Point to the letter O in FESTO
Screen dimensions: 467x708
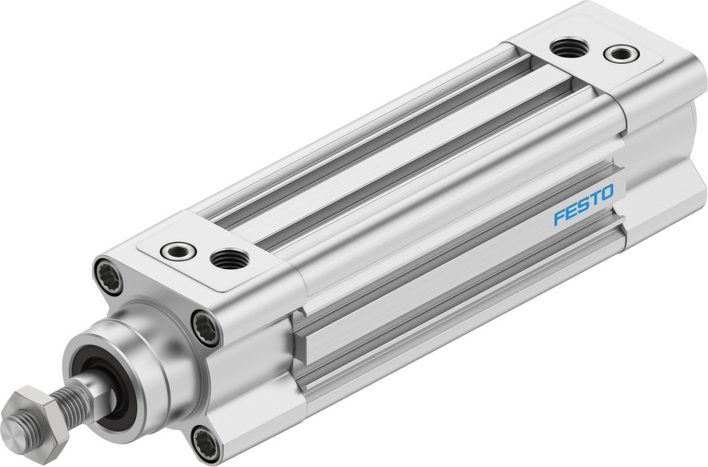pos(607,193)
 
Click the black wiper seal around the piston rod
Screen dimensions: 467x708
pos(106,386)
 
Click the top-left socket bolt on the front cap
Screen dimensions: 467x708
pos(108,277)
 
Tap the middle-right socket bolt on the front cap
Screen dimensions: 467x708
pos(206,328)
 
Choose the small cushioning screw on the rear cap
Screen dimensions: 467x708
pos(619,53)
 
